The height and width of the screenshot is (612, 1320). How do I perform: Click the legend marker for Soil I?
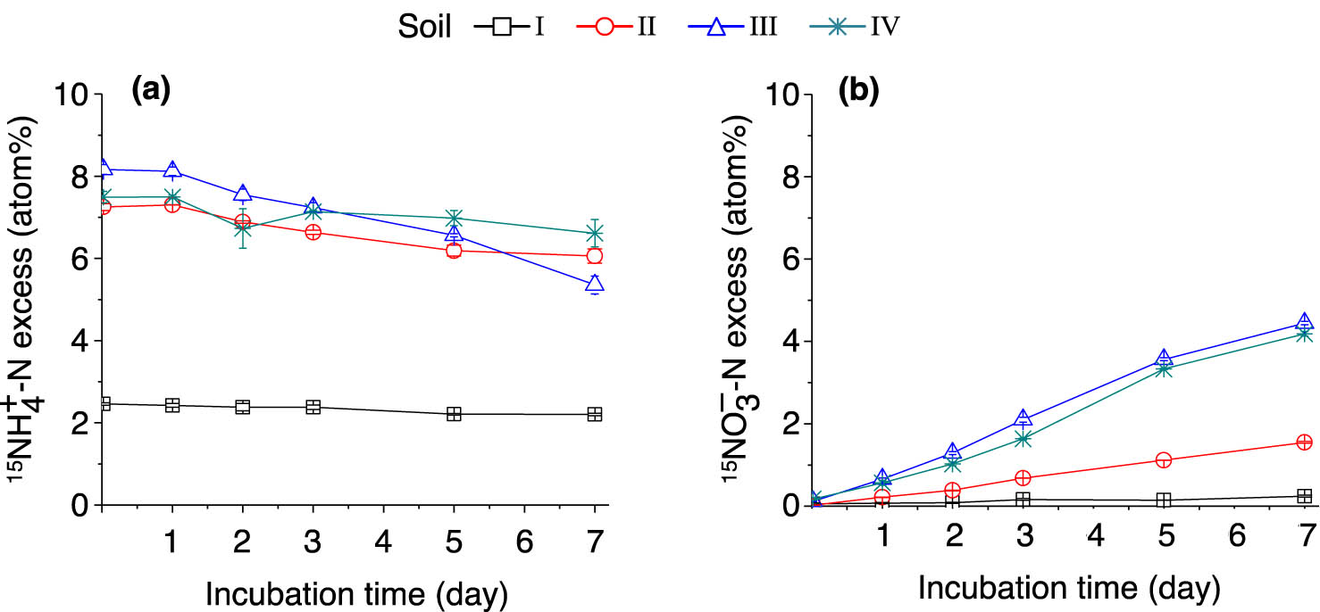[502, 26]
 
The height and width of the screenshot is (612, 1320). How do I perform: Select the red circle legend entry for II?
[605, 26]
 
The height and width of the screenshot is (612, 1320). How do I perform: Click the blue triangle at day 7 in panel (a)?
[594, 285]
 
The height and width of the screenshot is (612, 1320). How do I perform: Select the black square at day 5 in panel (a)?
[454, 414]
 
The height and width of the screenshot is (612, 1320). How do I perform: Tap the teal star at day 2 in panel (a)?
[242, 228]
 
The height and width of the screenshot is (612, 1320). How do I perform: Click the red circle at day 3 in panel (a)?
[313, 232]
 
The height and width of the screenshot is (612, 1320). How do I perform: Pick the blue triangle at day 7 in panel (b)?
[1304, 322]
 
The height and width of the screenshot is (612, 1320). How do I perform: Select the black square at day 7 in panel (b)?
[1304, 496]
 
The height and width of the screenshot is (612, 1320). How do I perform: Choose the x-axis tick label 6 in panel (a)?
[524, 541]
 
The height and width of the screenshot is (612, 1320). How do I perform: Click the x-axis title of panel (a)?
[356, 591]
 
